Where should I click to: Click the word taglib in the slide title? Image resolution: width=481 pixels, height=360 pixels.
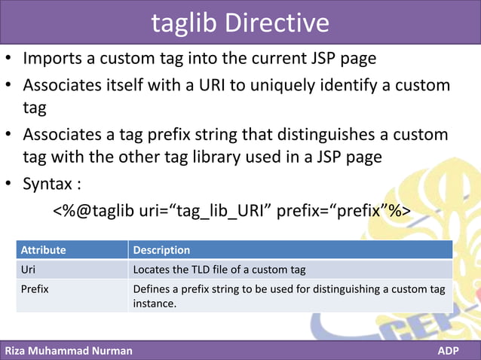tap(185, 23)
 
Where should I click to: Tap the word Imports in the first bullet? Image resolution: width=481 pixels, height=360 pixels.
tap(54, 58)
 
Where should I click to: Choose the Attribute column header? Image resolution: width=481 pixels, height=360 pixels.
tap(43, 250)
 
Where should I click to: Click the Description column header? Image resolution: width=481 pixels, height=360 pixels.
tap(161, 250)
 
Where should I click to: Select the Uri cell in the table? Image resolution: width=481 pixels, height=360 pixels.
tap(28, 270)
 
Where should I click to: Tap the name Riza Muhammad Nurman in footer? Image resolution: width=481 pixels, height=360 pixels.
tap(69, 351)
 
